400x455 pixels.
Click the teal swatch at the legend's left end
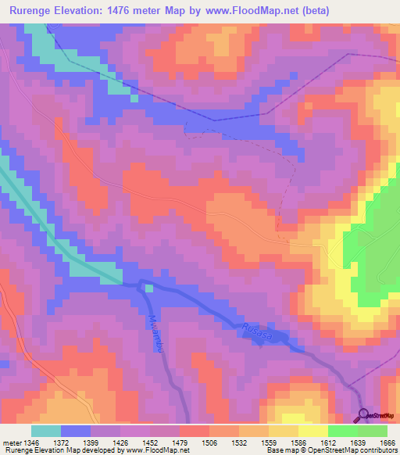click(46, 430)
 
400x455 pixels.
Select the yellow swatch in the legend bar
click(313, 430)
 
